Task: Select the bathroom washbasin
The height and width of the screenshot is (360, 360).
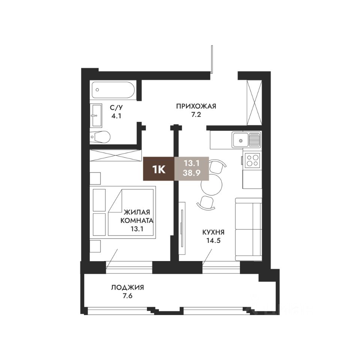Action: coord(96,115)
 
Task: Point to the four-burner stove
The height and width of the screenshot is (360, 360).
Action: coord(252,161)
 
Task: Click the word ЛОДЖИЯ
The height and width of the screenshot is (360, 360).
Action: coord(127,288)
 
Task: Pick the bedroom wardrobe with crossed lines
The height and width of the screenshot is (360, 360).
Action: coord(114,155)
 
